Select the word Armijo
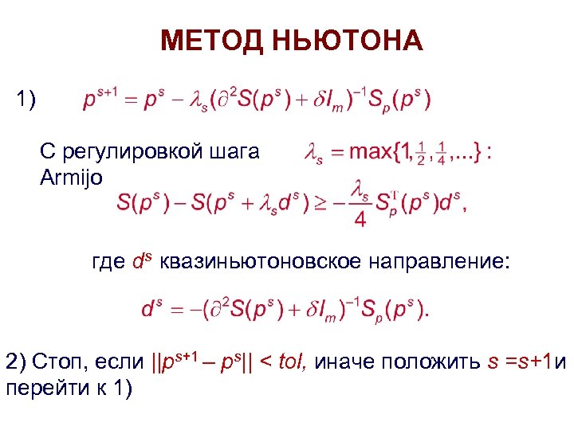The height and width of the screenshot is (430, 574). pos(71,177)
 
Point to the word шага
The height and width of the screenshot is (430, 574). pos(235,152)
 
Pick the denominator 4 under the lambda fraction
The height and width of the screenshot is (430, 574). pos(360,218)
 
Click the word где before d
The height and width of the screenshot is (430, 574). pos(108,262)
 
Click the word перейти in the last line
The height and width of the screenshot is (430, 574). pos(39,389)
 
